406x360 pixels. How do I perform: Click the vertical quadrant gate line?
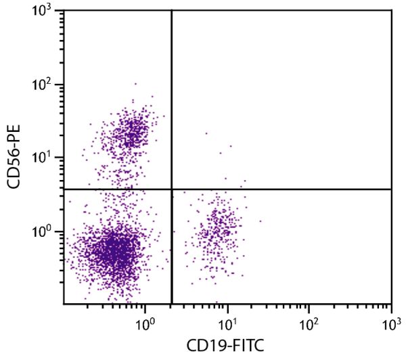point(172,102)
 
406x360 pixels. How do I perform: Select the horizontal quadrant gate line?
point(284,189)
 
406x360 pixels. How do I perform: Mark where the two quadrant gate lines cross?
point(172,189)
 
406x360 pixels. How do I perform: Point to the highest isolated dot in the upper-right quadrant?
point(206,133)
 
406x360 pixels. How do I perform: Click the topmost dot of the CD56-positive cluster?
point(135,84)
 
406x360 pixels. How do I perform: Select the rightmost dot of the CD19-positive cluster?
point(261,221)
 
